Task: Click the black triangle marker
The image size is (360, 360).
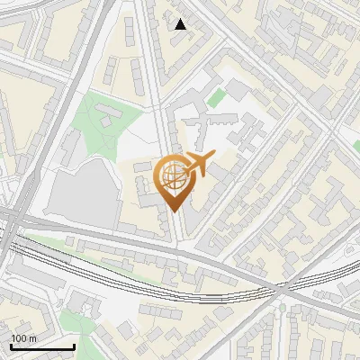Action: [x=181, y=24]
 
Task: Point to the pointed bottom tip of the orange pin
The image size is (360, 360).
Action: [x=174, y=211]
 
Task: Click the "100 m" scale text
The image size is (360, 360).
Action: [x=24, y=338]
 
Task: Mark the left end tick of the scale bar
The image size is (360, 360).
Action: [x=12, y=346]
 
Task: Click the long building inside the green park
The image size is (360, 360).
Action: [x=109, y=116]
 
